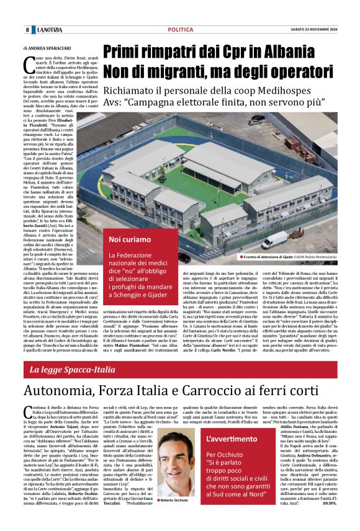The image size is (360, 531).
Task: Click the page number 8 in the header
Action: point(27,30)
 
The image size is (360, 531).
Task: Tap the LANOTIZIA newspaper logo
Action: point(50,30)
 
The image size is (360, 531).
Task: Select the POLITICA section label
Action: point(180,30)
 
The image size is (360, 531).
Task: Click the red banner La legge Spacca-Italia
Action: point(81,370)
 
